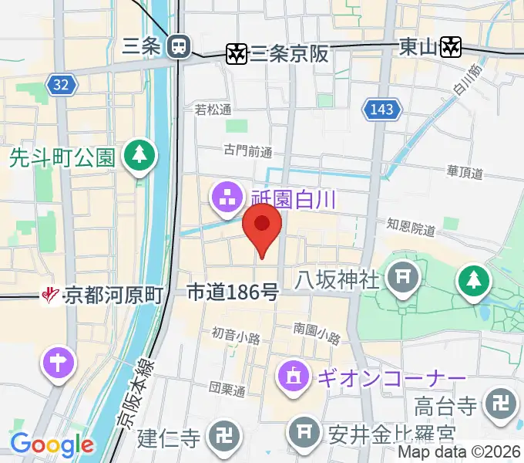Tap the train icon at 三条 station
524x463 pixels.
point(179,46)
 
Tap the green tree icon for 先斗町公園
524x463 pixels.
point(142,157)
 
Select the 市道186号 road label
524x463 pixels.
point(233,292)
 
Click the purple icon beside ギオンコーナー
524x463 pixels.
point(293,378)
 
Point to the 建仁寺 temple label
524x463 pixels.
point(169,438)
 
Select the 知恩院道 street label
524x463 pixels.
point(411,228)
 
